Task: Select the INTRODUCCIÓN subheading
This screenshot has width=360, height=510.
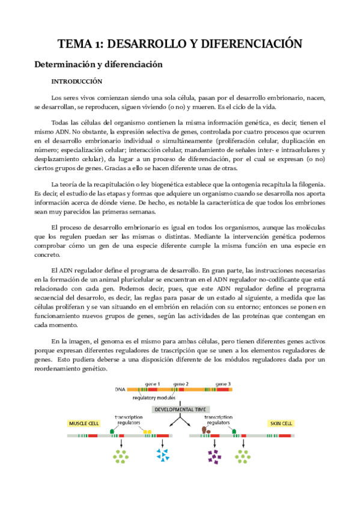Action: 76,81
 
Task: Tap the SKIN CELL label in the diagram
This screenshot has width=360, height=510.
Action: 279,423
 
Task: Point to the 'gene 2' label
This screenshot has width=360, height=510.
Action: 181,383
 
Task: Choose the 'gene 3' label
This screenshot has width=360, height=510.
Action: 223,383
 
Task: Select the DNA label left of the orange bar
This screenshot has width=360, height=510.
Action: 120,390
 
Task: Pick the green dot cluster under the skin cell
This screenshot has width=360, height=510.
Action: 243,457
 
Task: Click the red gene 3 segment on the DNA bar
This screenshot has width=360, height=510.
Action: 223,390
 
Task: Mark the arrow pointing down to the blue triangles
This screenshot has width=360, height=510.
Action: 162,443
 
